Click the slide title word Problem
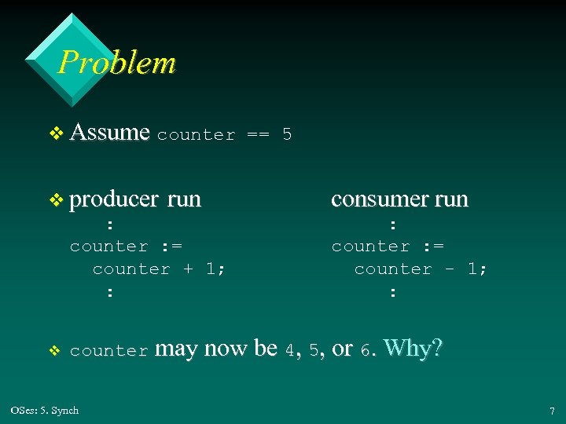point(117,62)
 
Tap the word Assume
point(109,132)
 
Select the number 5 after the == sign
point(287,134)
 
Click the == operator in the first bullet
point(258,134)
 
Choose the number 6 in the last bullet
point(365,350)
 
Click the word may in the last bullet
point(177,349)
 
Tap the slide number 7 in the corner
point(552,411)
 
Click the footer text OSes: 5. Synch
point(45,410)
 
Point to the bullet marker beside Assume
point(55,133)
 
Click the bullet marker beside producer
point(55,201)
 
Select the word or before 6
point(343,349)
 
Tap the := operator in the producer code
point(171,247)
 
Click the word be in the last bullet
point(266,348)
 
